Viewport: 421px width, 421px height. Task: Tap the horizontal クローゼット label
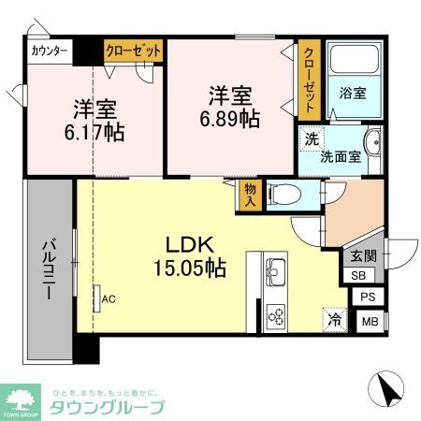(133, 51)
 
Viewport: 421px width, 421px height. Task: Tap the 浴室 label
(352, 94)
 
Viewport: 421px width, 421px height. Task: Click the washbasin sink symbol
(371, 148)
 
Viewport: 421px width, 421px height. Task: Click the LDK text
(191, 245)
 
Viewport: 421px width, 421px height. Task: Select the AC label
(109, 299)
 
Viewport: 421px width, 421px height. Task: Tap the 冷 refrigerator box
(334, 320)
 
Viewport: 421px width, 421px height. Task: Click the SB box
(359, 275)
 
